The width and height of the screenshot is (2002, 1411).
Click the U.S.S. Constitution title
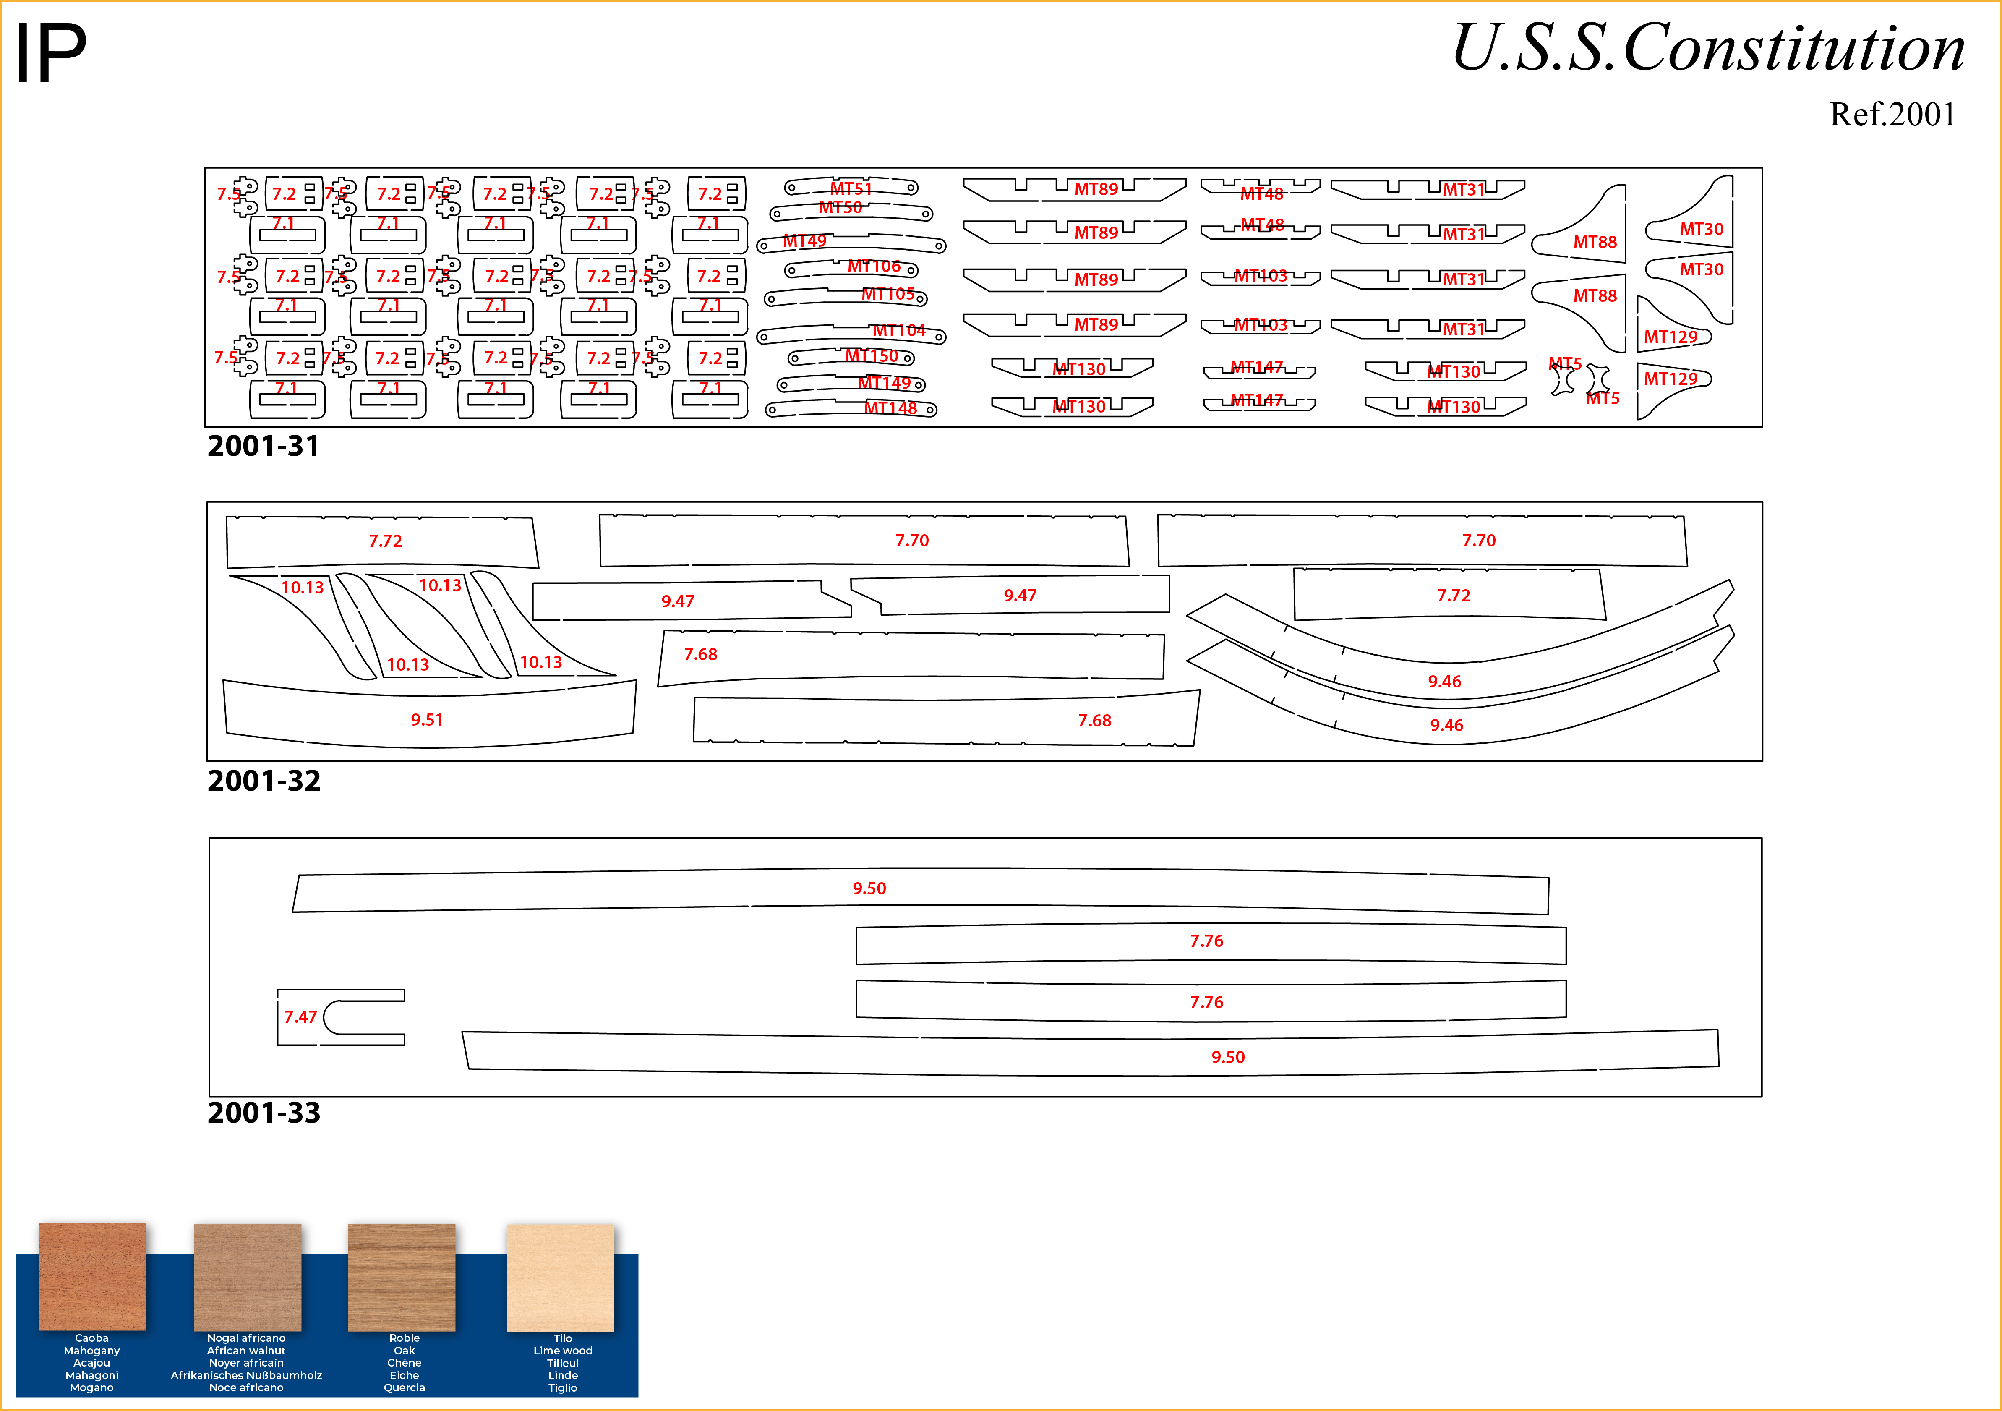[x=1707, y=48]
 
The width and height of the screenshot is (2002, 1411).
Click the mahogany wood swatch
[x=92, y=1276]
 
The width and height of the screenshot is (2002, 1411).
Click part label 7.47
[x=300, y=1017]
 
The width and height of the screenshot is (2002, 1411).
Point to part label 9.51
[x=427, y=719]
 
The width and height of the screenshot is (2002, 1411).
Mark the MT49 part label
[x=804, y=240]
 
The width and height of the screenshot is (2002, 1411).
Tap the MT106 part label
[x=874, y=266]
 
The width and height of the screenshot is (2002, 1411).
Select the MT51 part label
[x=851, y=188]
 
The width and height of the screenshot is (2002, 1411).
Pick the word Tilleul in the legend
[x=562, y=1363]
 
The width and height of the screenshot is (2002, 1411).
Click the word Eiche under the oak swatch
[x=404, y=1375]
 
